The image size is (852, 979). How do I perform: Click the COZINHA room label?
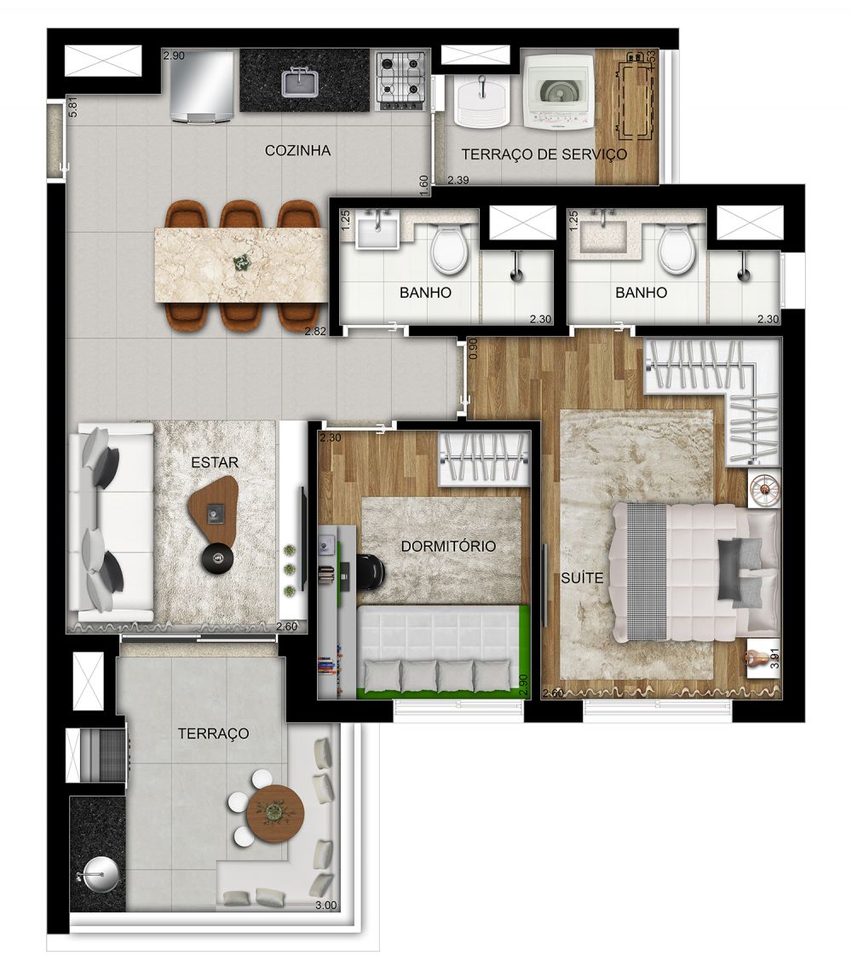(297, 151)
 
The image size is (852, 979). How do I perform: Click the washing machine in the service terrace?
(557, 91)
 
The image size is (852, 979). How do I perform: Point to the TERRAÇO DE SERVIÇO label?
(544, 154)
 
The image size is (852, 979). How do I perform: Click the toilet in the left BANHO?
(449, 250)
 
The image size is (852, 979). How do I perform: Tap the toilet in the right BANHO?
(676, 250)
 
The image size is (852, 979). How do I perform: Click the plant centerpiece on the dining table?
(242, 261)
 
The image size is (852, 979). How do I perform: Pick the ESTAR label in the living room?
(215, 463)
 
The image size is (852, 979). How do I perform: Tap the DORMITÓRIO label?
(448, 547)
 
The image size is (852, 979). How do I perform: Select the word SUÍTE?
(583, 578)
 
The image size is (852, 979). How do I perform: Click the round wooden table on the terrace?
(274, 813)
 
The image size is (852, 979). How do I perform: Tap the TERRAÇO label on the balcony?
(213, 733)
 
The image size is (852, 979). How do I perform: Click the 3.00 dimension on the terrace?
(325, 906)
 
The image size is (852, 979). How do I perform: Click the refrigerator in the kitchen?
(201, 85)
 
